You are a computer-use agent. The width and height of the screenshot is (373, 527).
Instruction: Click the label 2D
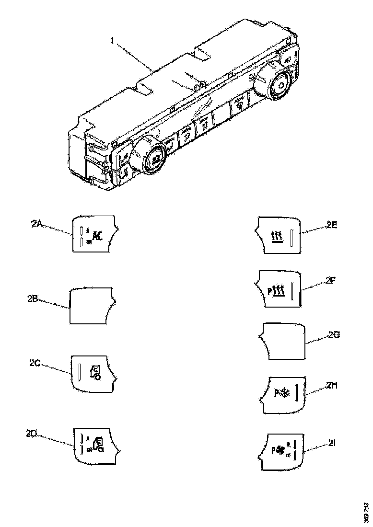coord(32,434)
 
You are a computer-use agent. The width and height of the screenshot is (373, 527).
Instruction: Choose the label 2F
coord(329,281)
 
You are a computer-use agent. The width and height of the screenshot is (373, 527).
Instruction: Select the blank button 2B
coord(91,306)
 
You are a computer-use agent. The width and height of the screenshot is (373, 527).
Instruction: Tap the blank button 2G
coord(283,341)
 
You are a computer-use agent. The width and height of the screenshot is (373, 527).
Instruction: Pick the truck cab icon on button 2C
coord(95,372)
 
